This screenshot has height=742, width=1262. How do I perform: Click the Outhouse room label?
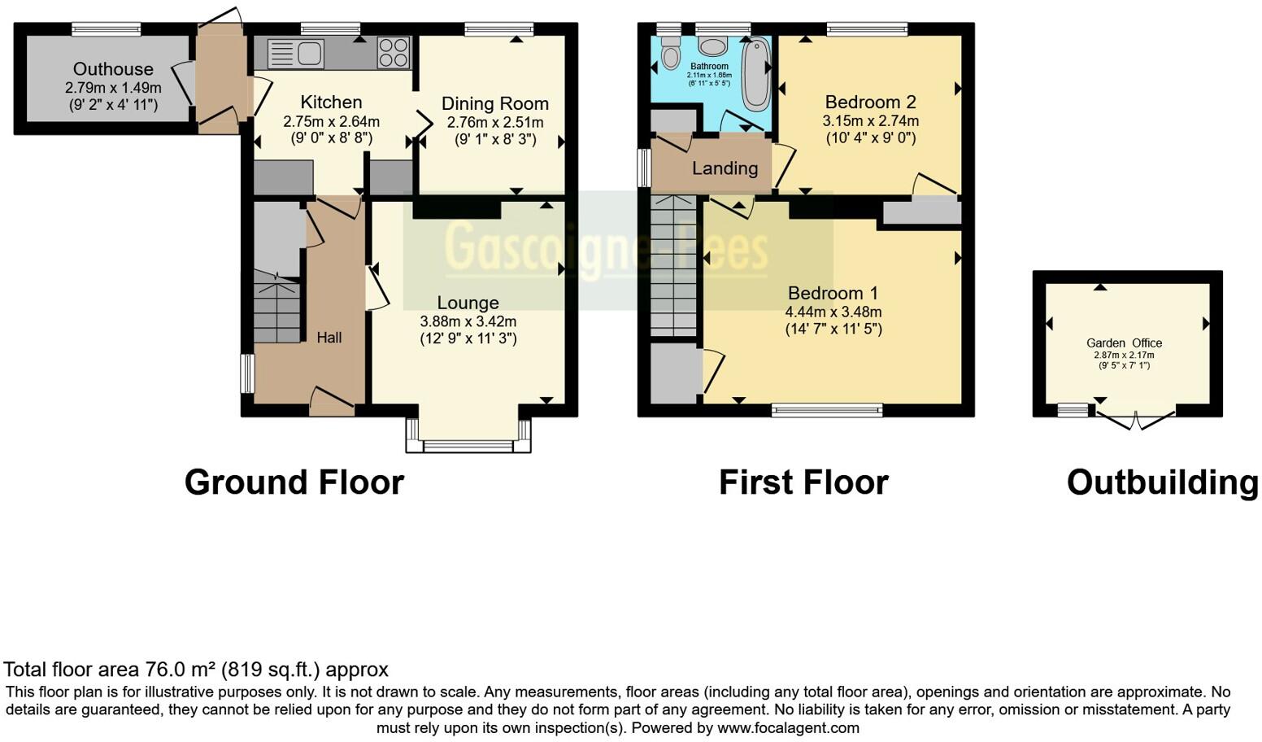pyautogui.click(x=113, y=69)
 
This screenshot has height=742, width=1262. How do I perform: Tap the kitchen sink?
pyautogui.click(x=295, y=54)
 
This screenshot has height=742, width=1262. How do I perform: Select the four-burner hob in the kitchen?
pyautogui.click(x=394, y=52)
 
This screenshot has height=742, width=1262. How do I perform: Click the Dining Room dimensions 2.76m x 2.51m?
pyautogui.click(x=495, y=122)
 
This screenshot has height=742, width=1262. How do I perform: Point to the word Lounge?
pyautogui.click(x=468, y=303)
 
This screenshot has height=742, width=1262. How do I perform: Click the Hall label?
pyautogui.click(x=329, y=338)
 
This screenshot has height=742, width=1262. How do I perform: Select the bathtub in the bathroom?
pyautogui.click(x=756, y=73)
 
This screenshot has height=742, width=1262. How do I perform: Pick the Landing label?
pyautogui.click(x=725, y=168)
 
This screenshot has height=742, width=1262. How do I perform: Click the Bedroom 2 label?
pyautogui.click(x=870, y=102)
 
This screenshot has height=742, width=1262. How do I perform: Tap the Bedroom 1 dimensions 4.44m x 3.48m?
pyautogui.click(x=833, y=312)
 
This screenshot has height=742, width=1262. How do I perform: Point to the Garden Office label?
pyautogui.click(x=1124, y=343)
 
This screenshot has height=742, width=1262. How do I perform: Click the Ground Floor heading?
pyautogui.click(x=294, y=482)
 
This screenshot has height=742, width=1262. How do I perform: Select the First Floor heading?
pyautogui.click(x=804, y=482)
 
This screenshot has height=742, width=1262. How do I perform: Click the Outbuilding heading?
pyautogui.click(x=1163, y=482)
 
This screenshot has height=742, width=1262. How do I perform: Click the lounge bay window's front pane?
pyautogui.click(x=468, y=447)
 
